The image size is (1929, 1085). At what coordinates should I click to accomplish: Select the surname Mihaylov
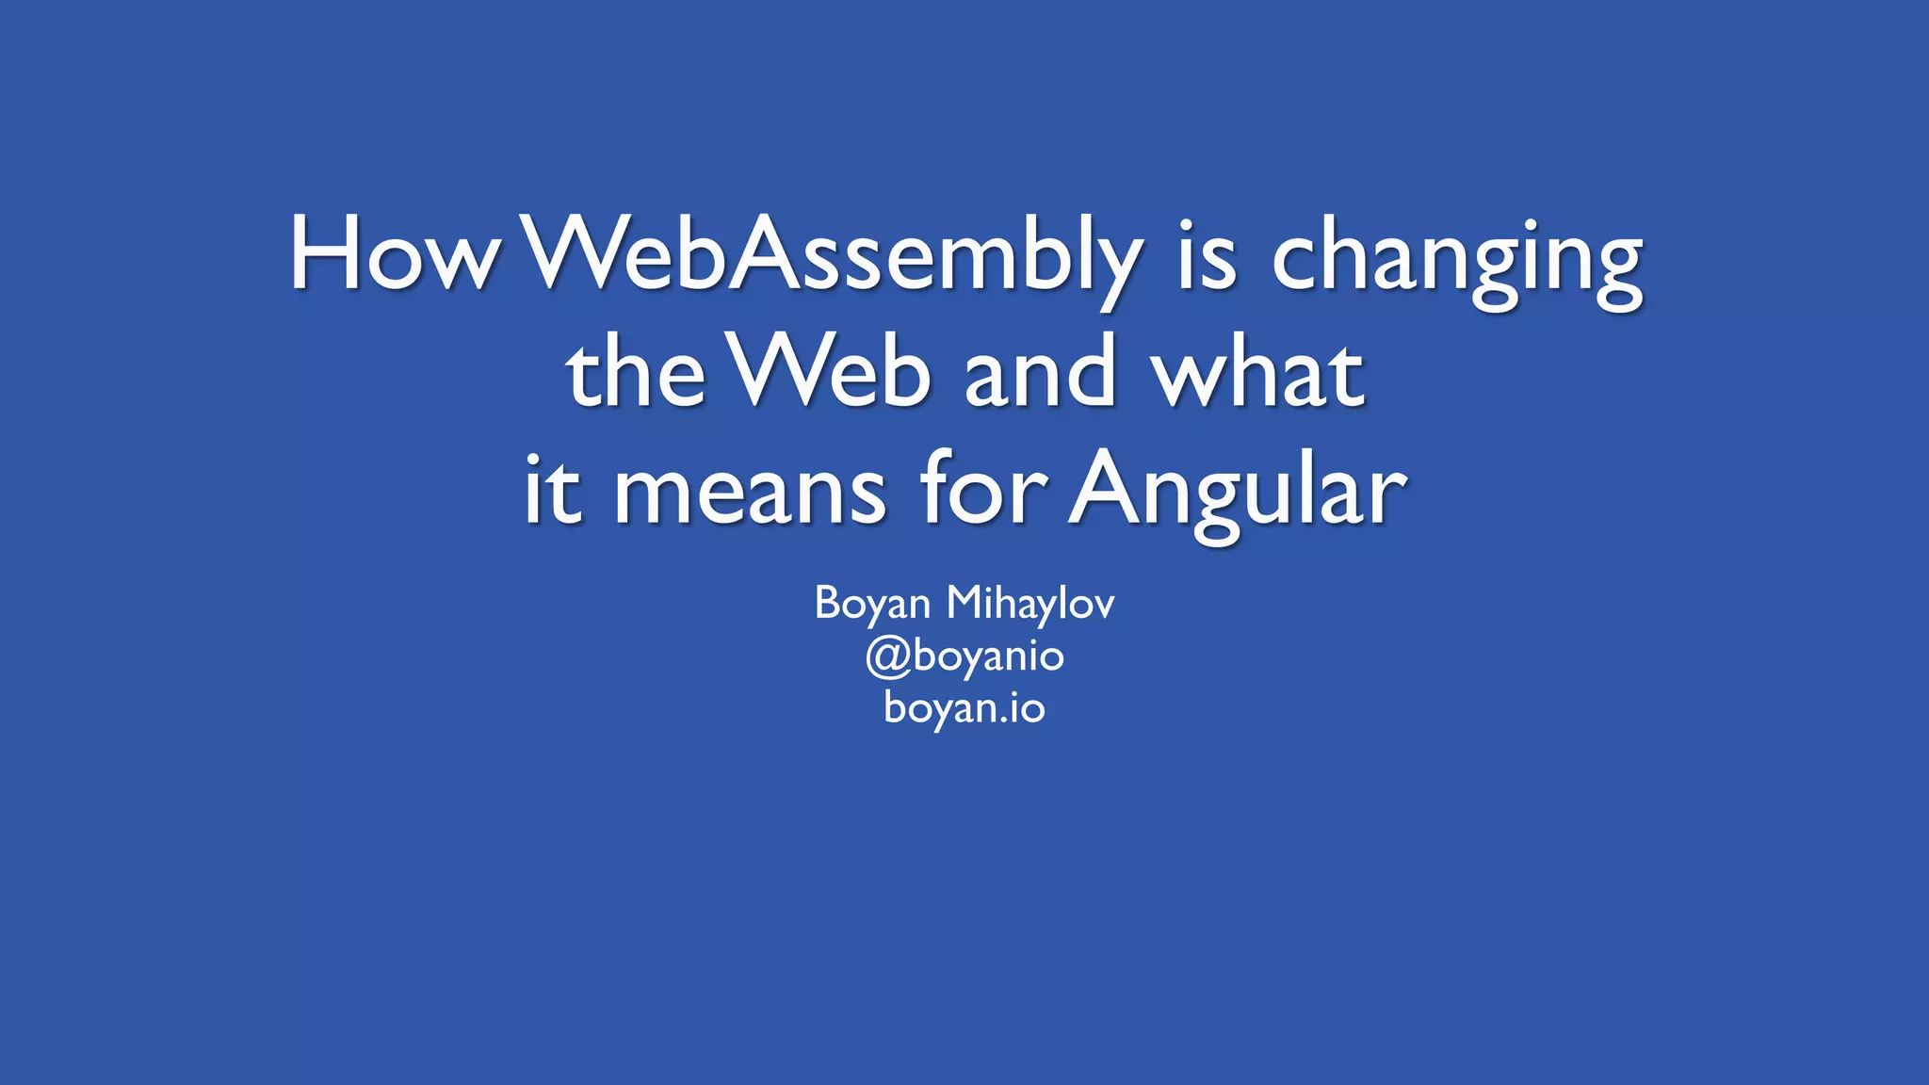click(1030, 603)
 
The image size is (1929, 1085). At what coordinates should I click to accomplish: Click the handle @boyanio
click(964, 656)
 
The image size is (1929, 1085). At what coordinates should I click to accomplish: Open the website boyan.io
click(964, 706)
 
